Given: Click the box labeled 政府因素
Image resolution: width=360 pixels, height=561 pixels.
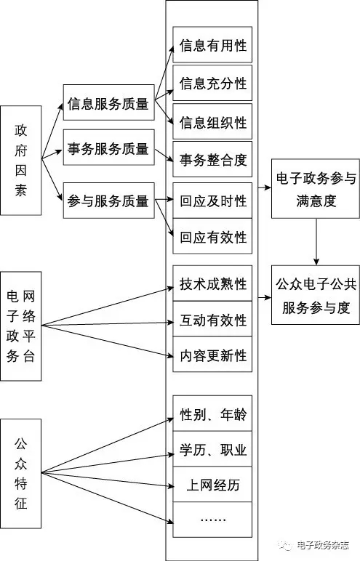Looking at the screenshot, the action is tap(21, 161).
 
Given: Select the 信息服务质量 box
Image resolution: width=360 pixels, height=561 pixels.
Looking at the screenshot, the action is tap(109, 102).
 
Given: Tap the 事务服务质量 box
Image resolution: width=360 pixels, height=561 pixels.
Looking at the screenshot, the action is tap(109, 148).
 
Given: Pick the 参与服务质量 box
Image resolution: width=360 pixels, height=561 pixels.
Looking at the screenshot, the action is tap(109, 201).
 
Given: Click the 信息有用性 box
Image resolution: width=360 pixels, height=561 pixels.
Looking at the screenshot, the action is tap(212, 45).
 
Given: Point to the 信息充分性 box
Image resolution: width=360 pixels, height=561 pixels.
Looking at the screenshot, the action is tap(212, 83).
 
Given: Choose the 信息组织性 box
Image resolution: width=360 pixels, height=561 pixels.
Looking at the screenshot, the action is tap(212, 121).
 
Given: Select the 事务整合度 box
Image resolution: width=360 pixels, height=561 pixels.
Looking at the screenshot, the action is tap(212, 159).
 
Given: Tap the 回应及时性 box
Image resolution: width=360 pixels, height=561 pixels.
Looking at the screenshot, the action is tap(212, 201).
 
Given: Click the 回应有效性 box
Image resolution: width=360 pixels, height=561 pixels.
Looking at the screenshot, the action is tap(212, 236).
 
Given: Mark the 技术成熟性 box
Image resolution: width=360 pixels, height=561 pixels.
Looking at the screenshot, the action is tap(212, 283).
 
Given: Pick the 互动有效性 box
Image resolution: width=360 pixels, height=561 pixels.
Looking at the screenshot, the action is tap(212, 319).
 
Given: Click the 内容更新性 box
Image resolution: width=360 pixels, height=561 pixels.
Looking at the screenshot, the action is tap(212, 354).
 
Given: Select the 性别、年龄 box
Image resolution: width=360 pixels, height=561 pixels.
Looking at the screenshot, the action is tap(212, 413).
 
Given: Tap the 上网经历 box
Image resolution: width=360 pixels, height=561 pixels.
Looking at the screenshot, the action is tap(212, 484).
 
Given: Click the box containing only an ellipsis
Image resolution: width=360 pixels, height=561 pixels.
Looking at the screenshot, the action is tap(212, 520).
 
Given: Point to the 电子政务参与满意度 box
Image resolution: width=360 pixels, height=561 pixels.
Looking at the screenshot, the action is tap(316, 189).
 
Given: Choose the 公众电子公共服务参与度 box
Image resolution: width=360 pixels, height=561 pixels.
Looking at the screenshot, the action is tap(316, 295).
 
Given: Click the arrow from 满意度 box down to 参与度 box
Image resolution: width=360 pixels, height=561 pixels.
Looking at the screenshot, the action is tap(316, 242).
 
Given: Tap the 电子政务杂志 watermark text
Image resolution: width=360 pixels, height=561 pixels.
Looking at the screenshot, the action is tap(323, 545).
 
